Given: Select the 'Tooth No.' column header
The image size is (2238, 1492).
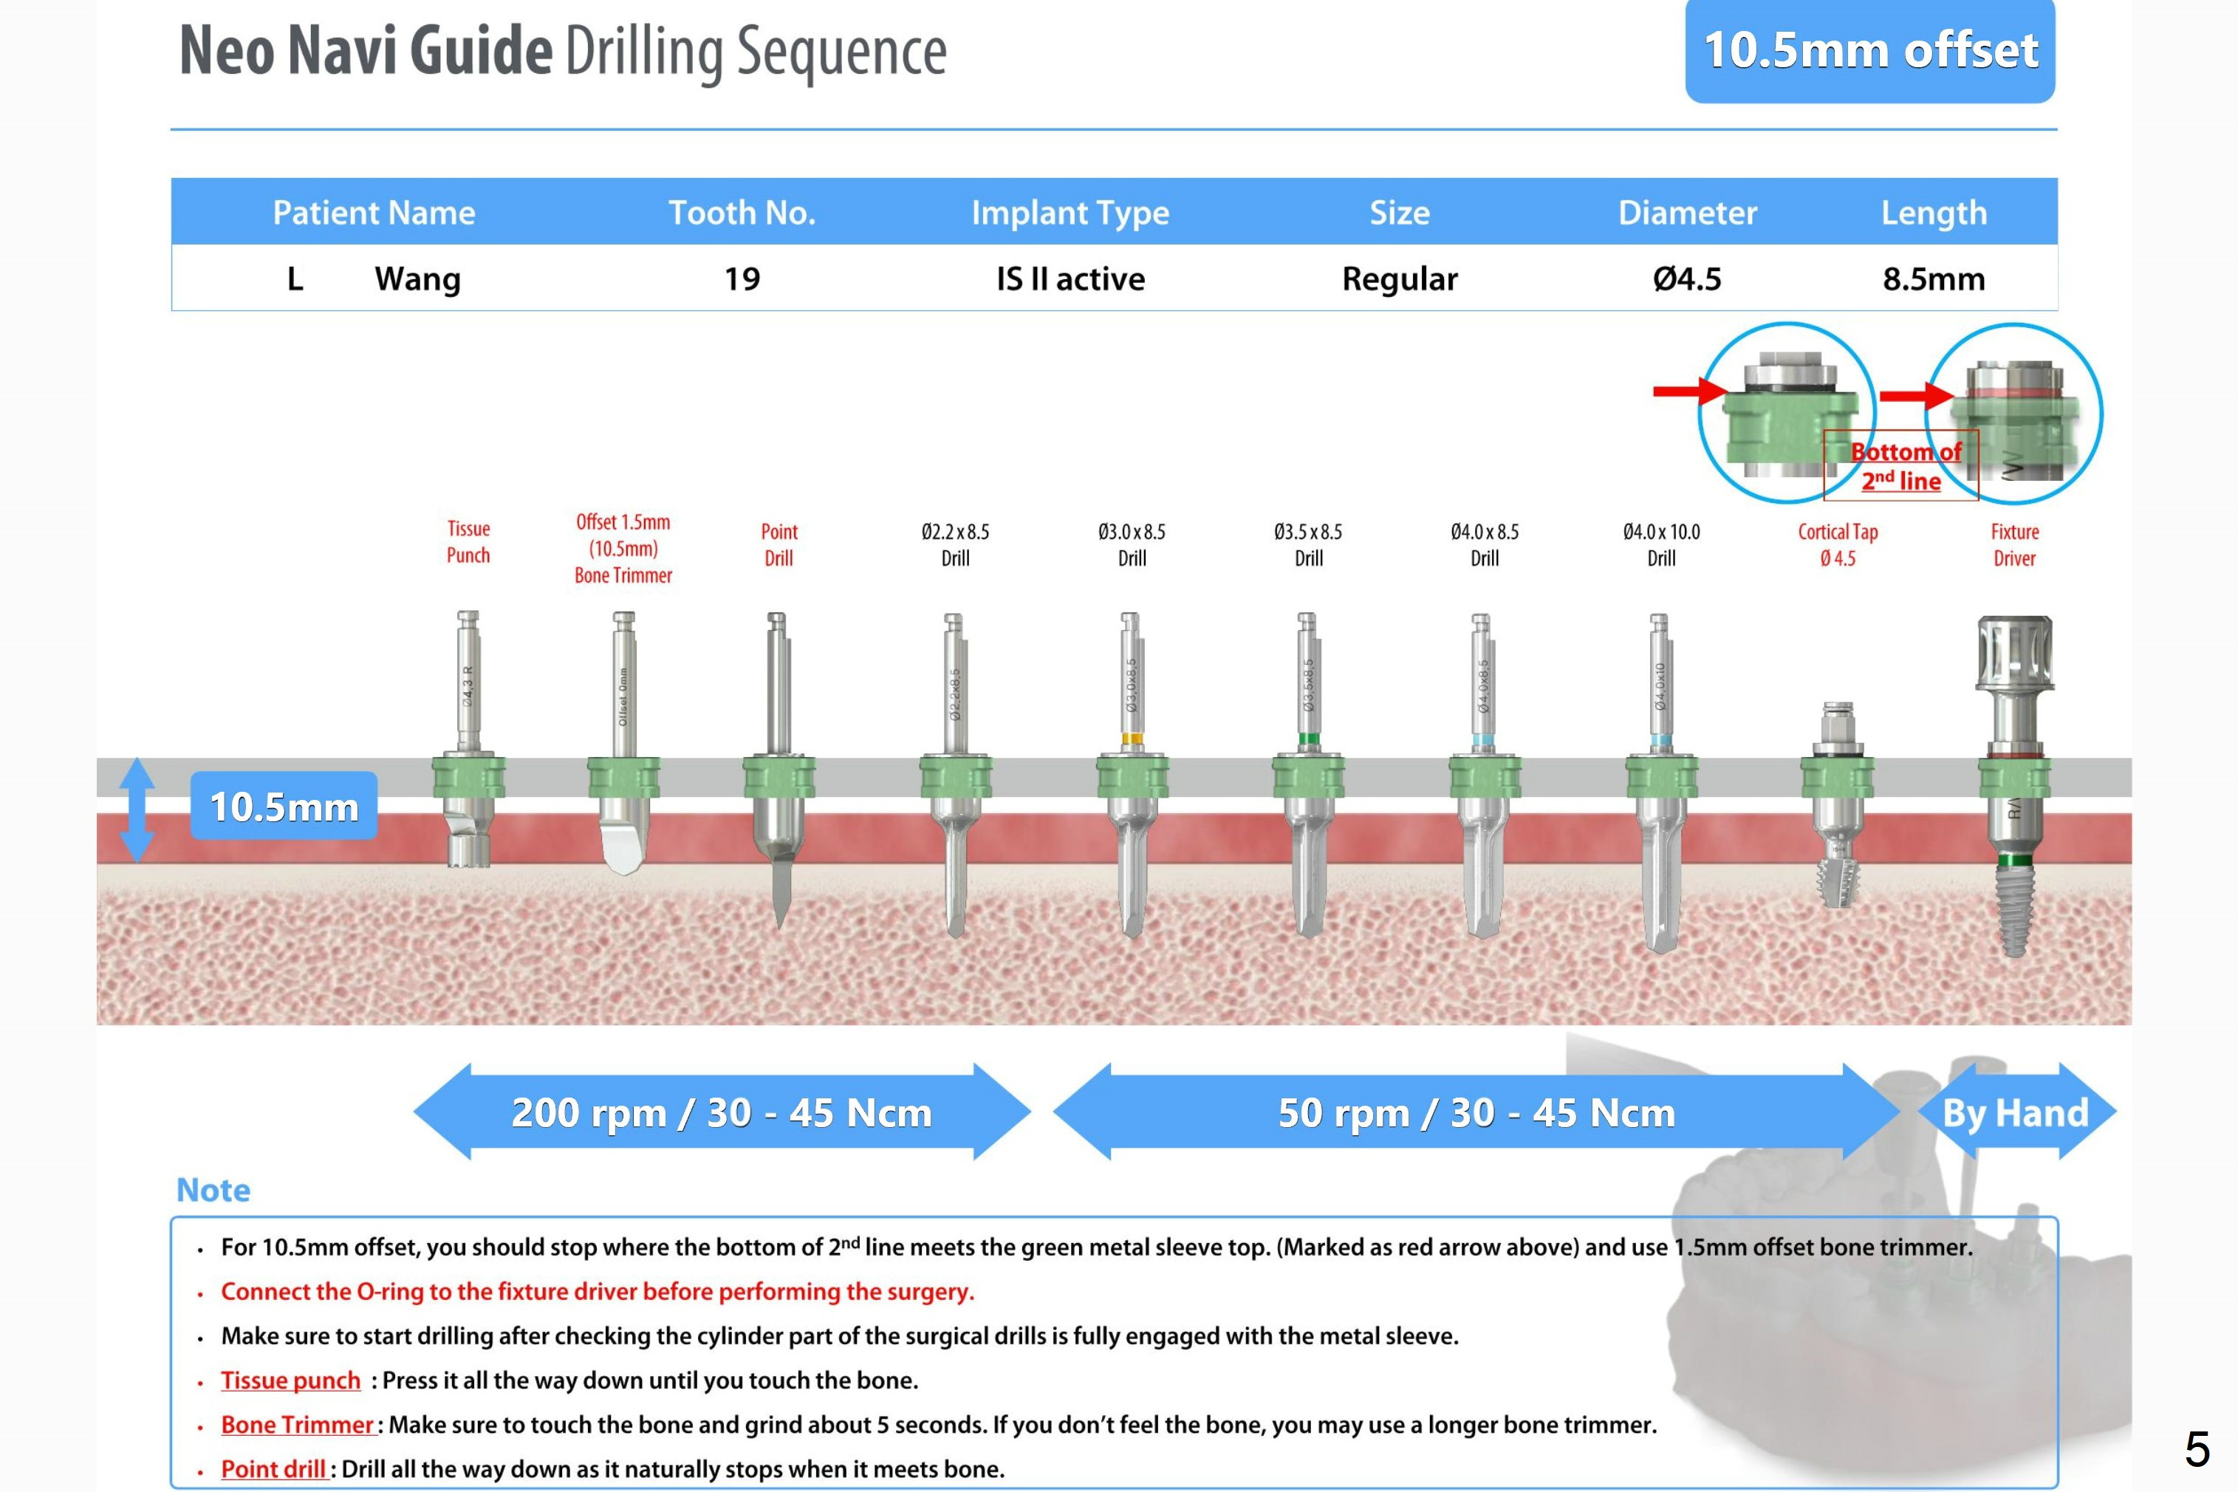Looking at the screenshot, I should click(x=742, y=212).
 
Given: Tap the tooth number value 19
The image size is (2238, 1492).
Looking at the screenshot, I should click(x=742, y=278).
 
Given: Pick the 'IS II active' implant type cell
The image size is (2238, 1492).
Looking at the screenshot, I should click(x=1070, y=278).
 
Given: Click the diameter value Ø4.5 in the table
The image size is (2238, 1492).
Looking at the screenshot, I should click(x=1686, y=278).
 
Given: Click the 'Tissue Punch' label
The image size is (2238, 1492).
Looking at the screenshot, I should click(x=468, y=541).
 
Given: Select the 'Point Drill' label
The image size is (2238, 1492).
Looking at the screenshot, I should click(x=778, y=544).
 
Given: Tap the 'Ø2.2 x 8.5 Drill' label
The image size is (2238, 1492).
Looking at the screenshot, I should click(x=954, y=544).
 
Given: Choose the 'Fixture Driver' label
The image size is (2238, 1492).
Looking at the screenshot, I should click(x=2013, y=544).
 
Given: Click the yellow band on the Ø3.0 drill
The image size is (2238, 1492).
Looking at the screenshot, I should click(x=1132, y=739).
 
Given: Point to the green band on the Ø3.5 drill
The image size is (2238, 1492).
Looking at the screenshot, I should click(x=1308, y=739).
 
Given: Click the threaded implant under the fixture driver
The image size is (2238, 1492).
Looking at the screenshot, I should click(x=2013, y=908).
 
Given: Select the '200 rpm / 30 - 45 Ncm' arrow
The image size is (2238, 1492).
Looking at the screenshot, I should click(x=722, y=1112).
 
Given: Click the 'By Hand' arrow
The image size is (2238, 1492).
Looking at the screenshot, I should click(x=2016, y=1112).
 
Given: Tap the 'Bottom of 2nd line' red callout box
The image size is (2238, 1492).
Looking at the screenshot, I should click(x=1900, y=465).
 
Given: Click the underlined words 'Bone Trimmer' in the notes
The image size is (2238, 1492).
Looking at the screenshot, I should click(x=297, y=1425).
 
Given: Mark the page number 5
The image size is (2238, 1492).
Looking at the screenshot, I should click(x=2196, y=1449).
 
